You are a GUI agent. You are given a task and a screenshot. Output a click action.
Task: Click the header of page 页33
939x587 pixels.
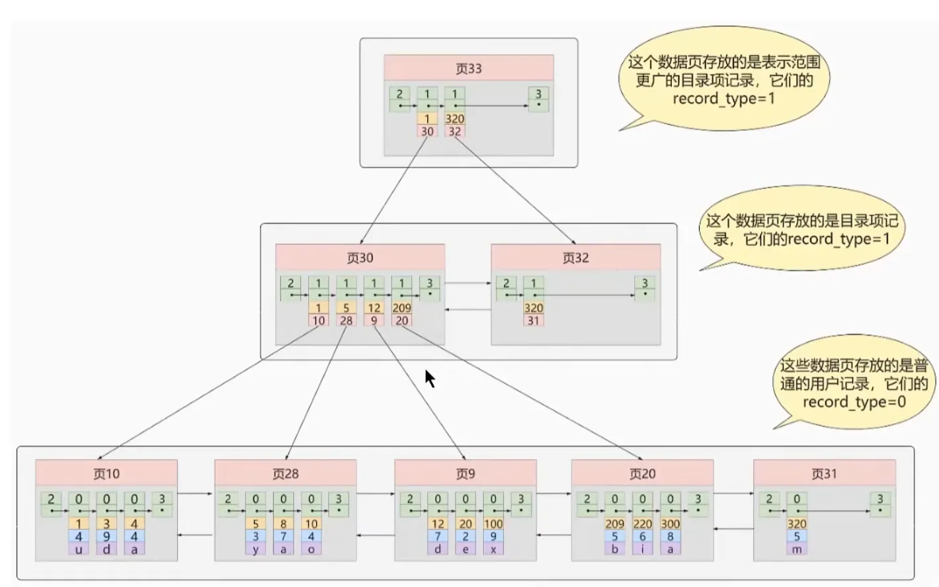coord(469,68)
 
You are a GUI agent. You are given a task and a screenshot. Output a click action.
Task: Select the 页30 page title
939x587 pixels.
coord(360,257)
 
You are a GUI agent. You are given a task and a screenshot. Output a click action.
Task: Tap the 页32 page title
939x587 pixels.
coord(575,257)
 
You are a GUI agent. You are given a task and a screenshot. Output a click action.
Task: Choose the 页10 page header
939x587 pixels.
coord(106,473)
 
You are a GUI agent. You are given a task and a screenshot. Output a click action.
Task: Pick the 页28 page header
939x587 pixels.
coord(286,473)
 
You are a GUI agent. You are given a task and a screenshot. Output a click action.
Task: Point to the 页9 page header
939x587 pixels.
coord(466,473)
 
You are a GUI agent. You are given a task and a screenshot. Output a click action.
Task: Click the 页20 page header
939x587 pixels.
coord(642,473)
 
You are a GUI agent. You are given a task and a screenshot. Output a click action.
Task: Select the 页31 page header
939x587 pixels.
coord(825,473)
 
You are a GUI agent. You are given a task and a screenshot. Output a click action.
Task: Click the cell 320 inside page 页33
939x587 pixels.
coord(455,118)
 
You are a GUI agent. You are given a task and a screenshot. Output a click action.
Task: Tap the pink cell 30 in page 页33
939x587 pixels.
coord(427,131)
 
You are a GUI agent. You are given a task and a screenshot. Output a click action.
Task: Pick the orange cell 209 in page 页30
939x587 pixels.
coord(401,308)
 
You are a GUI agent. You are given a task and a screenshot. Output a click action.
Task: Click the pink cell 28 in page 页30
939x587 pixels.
coord(347,321)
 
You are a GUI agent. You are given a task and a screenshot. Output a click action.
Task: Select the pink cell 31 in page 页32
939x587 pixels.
coord(533,321)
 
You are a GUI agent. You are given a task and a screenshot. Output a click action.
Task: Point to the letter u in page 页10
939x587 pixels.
coord(79,549)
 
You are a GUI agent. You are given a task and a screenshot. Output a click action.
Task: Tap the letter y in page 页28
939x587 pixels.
coord(255,549)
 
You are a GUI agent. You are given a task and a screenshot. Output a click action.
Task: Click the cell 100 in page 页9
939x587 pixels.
coord(493,524)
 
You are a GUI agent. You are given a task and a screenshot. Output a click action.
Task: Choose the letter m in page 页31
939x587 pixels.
coord(796,549)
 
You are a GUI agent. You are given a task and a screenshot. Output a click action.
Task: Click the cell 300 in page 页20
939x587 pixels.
coord(671,524)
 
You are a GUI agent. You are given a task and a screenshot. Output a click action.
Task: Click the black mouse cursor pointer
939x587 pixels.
coord(430,378)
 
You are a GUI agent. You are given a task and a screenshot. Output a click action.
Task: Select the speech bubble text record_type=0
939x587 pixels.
coord(854,402)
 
